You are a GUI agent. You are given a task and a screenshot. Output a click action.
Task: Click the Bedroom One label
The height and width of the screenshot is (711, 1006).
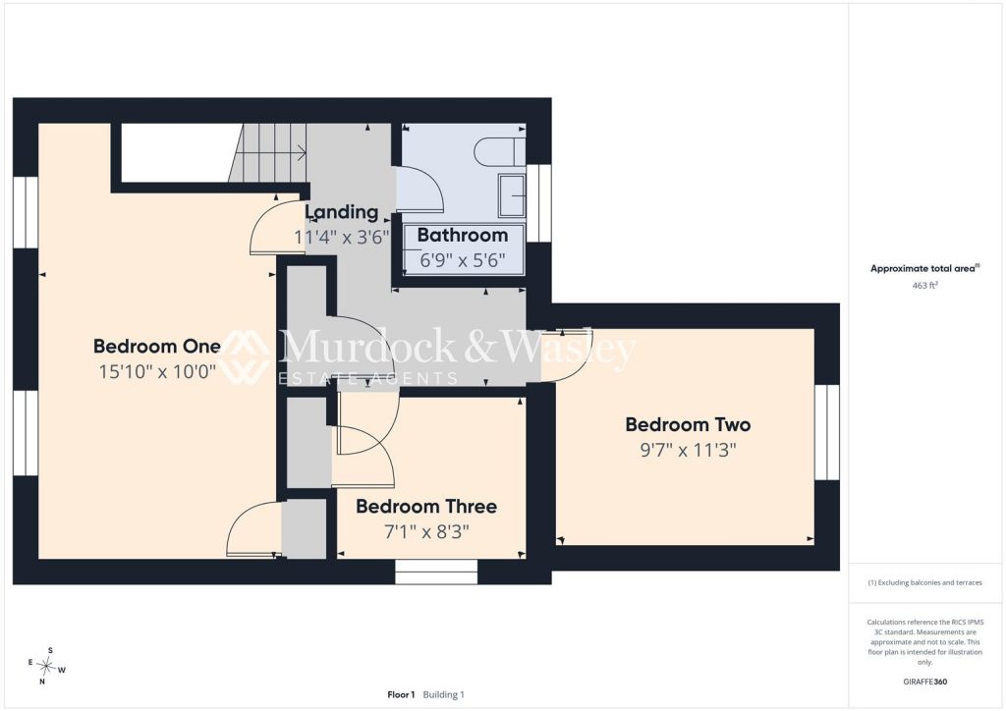[156, 347]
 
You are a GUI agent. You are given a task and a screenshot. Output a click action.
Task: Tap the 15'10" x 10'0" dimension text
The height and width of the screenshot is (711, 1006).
[157, 372]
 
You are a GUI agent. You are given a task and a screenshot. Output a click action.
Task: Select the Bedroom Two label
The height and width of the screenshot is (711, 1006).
[688, 424]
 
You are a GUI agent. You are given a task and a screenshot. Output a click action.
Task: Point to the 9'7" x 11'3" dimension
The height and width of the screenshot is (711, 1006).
[688, 450]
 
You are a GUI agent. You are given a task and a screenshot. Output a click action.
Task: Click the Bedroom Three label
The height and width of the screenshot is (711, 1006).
[426, 507]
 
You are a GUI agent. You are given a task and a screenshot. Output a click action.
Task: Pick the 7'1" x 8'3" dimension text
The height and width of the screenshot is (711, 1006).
[426, 532]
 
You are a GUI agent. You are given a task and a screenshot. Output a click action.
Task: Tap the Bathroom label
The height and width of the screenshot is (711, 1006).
[463, 236]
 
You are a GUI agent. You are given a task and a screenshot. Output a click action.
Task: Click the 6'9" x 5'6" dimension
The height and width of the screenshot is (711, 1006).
[463, 260]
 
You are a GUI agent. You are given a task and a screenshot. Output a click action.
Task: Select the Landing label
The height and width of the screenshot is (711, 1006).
[341, 212]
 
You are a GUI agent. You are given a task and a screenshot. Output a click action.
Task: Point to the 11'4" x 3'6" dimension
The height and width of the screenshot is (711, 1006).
[342, 238]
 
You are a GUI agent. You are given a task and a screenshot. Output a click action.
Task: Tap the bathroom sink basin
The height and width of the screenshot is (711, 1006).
[512, 194]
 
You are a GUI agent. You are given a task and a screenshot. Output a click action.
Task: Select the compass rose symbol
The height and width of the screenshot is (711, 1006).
[47, 666]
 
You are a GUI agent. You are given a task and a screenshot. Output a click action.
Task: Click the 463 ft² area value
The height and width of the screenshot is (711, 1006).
[924, 286]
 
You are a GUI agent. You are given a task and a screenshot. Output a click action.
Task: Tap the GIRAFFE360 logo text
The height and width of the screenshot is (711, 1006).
[924, 682]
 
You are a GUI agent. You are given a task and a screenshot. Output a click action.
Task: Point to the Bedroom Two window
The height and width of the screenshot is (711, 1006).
[827, 432]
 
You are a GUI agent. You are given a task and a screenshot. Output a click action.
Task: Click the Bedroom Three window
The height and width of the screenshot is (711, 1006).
[436, 572]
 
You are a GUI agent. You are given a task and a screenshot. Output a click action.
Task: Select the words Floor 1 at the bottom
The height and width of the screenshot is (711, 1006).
[401, 694]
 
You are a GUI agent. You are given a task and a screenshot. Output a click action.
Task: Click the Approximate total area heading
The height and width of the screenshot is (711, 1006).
[924, 269]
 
